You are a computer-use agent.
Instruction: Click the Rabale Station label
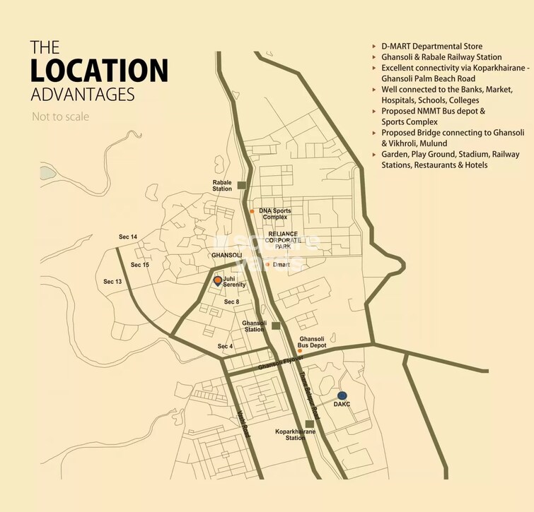[222, 185]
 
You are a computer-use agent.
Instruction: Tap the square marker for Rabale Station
[242, 185]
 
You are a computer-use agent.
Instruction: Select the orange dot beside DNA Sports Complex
[252, 211]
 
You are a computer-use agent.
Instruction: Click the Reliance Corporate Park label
[283, 240]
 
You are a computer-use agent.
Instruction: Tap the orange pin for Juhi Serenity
[218, 281]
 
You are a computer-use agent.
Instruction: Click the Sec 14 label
[128, 237]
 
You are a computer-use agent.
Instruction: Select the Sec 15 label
[140, 265]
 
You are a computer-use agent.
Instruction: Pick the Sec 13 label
[112, 281]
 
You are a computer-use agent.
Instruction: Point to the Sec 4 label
[225, 346]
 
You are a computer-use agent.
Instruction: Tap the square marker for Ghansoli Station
[276, 326]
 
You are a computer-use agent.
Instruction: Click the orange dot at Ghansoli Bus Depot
[300, 350]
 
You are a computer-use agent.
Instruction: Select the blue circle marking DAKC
[342, 395]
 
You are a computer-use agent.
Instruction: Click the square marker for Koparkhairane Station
[309, 424]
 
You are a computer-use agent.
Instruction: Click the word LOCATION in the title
[99, 71]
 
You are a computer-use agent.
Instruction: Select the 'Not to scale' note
[60, 117]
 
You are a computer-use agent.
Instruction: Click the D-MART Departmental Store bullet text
[431, 47]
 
